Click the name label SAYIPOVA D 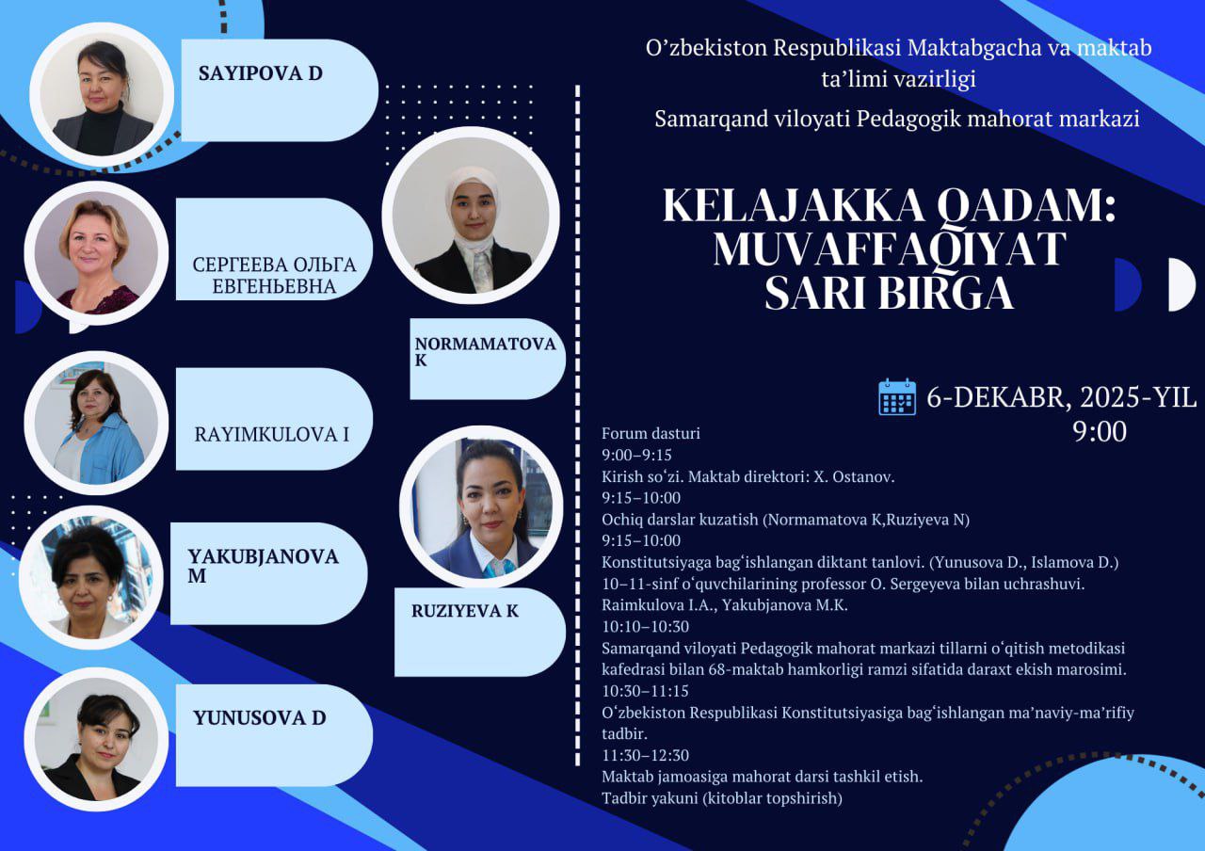click(x=260, y=73)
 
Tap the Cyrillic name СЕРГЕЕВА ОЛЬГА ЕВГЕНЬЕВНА click(x=275, y=275)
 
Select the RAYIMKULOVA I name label click(x=271, y=434)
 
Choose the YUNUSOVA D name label click(x=259, y=718)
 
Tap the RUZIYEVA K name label click(x=465, y=611)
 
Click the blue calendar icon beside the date click(x=896, y=397)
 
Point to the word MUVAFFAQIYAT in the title click(x=889, y=249)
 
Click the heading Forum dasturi click(x=651, y=434)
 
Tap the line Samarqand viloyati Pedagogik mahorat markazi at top click(x=897, y=120)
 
